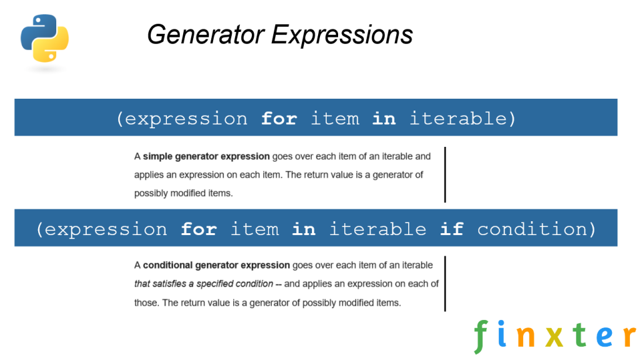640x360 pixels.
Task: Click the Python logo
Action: point(44,38)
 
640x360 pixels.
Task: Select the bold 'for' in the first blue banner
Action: point(279,118)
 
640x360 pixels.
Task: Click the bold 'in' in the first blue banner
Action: point(384,118)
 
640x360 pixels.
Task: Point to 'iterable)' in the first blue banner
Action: point(463,118)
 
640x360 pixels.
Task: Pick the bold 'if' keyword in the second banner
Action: point(451,229)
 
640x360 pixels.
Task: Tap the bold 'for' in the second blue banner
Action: point(199,229)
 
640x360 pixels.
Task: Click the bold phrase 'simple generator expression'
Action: point(206,156)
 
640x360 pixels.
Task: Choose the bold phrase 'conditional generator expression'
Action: point(216,265)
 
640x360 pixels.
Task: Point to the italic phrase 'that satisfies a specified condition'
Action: point(204,284)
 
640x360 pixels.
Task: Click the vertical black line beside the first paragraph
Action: point(445,174)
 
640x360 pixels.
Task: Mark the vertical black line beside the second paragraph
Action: point(445,283)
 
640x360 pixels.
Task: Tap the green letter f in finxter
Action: point(480,336)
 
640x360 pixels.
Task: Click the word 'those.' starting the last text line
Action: point(146,302)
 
